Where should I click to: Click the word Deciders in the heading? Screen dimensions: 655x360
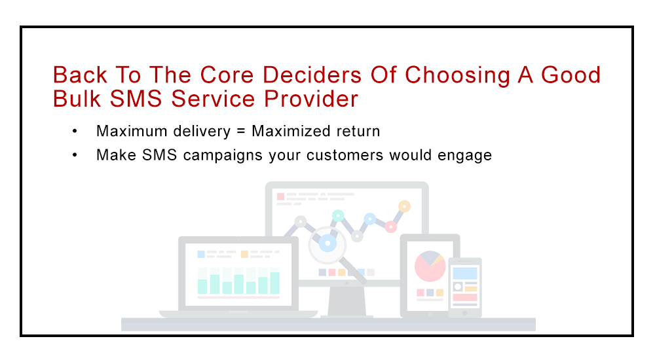312,75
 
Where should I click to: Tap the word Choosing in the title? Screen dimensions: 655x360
457,77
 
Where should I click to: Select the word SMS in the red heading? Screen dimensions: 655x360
136,99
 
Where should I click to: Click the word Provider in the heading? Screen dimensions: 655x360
310,99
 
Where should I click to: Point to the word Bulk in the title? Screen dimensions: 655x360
77,99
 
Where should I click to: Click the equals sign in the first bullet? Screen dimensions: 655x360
240,131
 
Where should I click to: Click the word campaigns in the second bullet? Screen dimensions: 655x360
223,156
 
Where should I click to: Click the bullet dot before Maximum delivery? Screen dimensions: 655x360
75,132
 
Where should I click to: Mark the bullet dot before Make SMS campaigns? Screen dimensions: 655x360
75,155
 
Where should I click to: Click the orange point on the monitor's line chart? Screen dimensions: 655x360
404,206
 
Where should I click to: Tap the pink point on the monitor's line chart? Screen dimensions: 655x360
390,226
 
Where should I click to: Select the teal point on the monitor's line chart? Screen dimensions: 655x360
338,215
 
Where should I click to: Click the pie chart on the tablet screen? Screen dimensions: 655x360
430,266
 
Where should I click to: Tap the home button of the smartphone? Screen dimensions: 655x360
464,313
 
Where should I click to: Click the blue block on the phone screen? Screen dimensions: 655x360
465,274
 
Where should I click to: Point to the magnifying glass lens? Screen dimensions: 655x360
327,243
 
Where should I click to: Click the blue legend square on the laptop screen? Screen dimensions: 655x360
201,254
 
